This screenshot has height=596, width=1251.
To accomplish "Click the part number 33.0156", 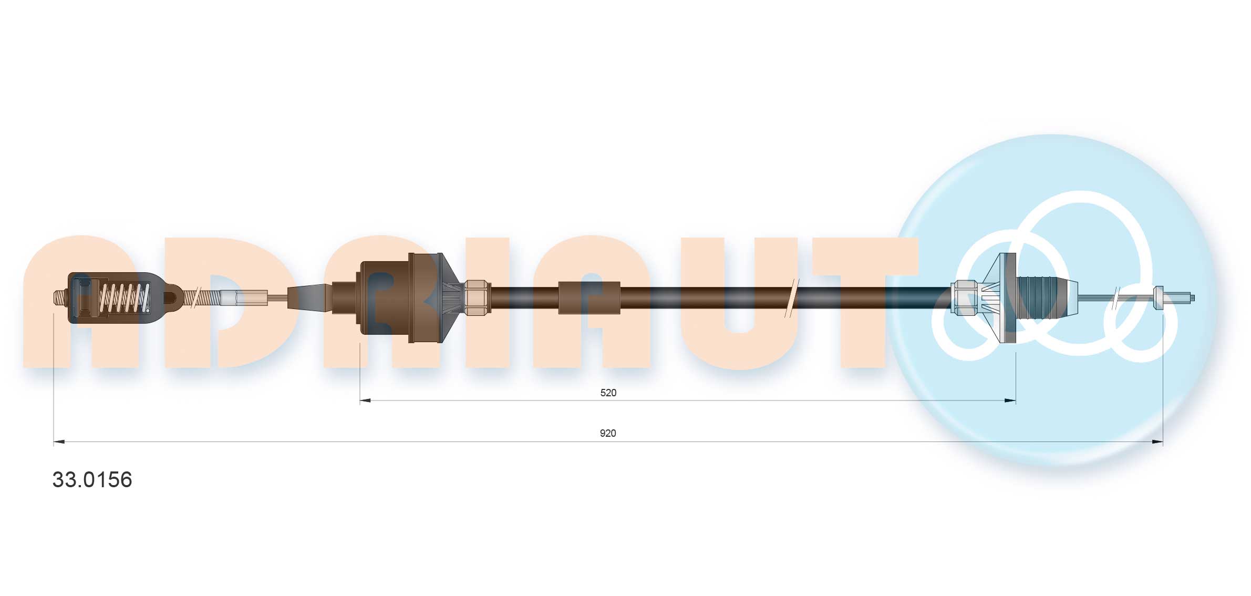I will (x=92, y=479).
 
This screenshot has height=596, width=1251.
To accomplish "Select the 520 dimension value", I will (x=608, y=393).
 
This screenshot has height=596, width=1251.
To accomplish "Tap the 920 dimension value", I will (x=607, y=433).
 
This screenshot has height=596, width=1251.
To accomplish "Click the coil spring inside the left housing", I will (x=125, y=297).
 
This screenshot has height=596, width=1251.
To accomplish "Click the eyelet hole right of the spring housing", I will (x=170, y=298).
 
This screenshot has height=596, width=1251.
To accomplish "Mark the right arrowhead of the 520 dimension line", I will (x=1010, y=400).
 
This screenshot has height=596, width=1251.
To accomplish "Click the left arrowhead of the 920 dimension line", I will (x=59, y=441).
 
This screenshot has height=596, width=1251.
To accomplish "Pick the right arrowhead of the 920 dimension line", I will (x=1157, y=441).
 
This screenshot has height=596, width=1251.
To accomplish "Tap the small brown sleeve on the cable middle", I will (x=589, y=298).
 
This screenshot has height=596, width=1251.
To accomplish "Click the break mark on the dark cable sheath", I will (x=791, y=298).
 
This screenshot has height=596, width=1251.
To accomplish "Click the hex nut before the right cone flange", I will (x=965, y=298).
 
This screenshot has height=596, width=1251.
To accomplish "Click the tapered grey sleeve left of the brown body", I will (x=310, y=297).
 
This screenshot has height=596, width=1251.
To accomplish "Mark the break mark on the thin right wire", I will (x=1115, y=297).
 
